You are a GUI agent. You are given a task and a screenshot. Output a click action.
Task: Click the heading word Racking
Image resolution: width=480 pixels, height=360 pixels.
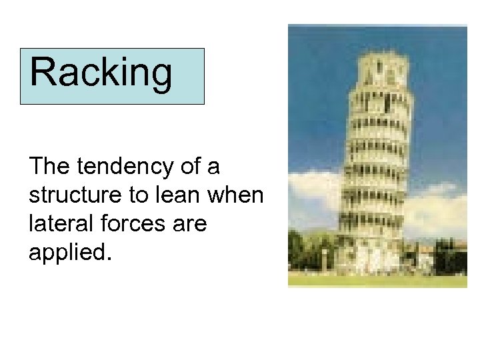tap(101, 73)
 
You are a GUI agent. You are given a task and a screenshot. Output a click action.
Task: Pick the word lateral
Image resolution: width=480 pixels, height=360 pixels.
tap(58, 225)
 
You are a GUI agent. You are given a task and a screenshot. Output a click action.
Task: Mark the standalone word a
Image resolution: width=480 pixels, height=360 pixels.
tap(213, 166)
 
